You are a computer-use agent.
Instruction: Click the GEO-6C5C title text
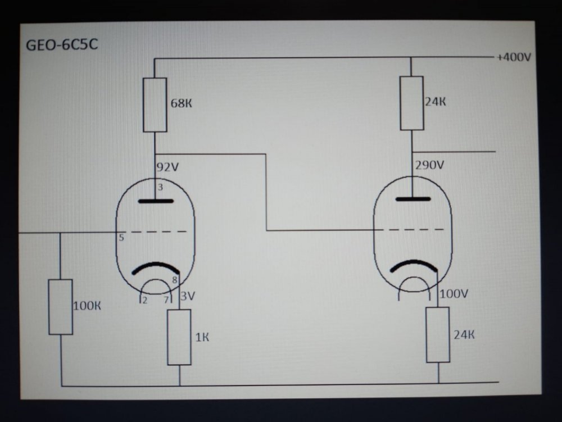pyautogui.click(x=62, y=44)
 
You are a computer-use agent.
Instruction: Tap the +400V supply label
pyautogui.click(x=513, y=57)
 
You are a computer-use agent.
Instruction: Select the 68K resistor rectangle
pyautogui.click(x=155, y=105)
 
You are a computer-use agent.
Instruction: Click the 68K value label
pyautogui.click(x=185, y=103)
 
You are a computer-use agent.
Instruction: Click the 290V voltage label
pyautogui.click(x=429, y=166)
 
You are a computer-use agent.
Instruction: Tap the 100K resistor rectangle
pyautogui.click(x=60, y=307)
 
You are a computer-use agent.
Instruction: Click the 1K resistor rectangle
pyautogui.click(x=179, y=337)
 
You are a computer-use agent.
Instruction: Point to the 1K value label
pyautogui.click(x=202, y=337)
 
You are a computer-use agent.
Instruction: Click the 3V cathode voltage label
pyautogui.click(x=188, y=296)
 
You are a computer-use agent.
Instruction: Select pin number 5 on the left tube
pyautogui.click(x=121, y=238)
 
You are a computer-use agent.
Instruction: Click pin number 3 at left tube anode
pyautogui.click(x=160, y=187)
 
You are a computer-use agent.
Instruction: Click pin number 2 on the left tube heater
pyautogui.click(x=144, y=300)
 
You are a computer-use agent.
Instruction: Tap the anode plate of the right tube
pyautogui.click(x=413, y=199)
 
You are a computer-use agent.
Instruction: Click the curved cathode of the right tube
pyautogui.click(x=413, y=266)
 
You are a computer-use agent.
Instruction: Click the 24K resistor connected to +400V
pyautogui.click(x=411, y=103)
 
